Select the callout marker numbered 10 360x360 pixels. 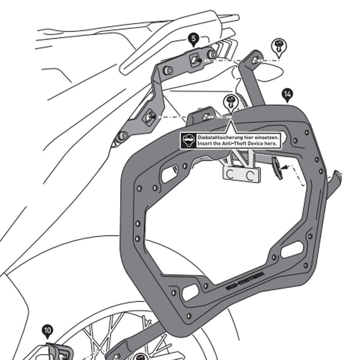point(48,331)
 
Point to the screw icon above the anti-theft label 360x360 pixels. point(231,101)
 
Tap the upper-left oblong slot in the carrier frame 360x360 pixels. point(169,174)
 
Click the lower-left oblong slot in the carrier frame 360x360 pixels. point(190,292)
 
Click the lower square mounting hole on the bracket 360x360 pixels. point(148,117)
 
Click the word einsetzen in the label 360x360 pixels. point(268,136)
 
